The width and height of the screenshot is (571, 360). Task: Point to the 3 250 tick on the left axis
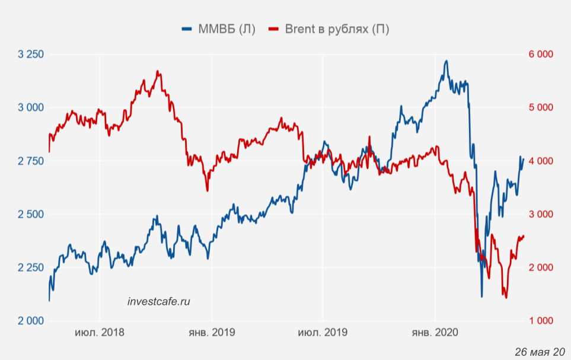coord(31,55)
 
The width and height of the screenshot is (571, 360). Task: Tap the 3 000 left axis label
coord(31,107)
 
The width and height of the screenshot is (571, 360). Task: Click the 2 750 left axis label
coord(31,161)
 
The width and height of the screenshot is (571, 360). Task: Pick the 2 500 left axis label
coord(31,214)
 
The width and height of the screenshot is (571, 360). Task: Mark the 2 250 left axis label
coord(31,267)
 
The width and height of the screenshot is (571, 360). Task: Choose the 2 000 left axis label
coord(31,321)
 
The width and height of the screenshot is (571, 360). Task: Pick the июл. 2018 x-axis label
coord(100,332)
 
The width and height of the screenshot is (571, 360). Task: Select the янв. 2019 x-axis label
coord(211,332)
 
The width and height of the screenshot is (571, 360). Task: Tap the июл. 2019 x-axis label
coord(323,332)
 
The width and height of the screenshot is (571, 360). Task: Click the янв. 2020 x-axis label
coord(435,332)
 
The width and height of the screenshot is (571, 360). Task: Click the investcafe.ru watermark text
coord(159,301)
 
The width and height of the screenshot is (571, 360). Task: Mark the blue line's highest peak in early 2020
coord(446,61)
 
